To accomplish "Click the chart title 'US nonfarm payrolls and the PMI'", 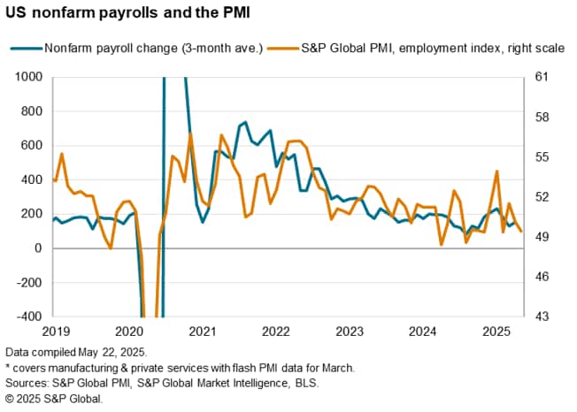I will point(129,15).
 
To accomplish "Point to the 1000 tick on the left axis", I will point(30,77).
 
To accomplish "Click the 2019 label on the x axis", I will point(56,332).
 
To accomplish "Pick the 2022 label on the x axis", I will point(276,332).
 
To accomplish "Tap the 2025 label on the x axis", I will point(496,332).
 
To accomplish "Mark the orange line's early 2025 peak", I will point(497,172).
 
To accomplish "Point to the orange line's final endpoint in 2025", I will point(520,232).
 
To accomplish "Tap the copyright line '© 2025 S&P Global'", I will point(54,399).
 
